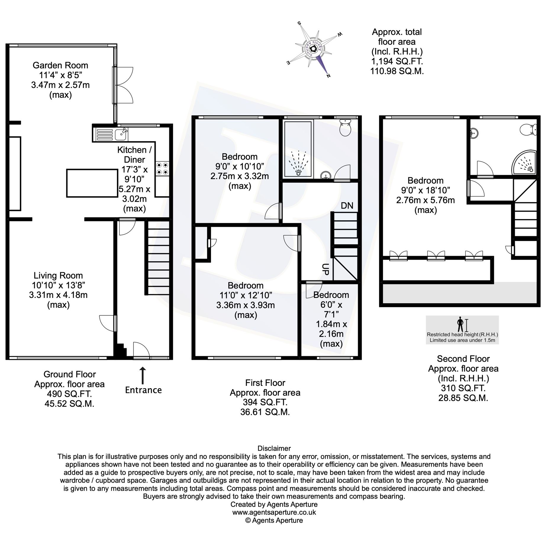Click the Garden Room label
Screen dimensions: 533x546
(x=60, y=65)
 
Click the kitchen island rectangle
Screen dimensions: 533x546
(x=92, y=183)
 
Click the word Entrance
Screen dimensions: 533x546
(x=143, y=390)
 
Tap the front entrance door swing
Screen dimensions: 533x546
(x=141, y=350)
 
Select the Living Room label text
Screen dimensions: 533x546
(x=58, y=275)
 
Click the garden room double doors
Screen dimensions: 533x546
(x=123, y=85)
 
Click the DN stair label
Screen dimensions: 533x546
(x=347, y=206)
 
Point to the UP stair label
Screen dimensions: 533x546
(x=325, y=270)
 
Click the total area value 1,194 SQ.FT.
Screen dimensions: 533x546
(x=397, y=61)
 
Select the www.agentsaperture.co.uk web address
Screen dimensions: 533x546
(x=274, y=512)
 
